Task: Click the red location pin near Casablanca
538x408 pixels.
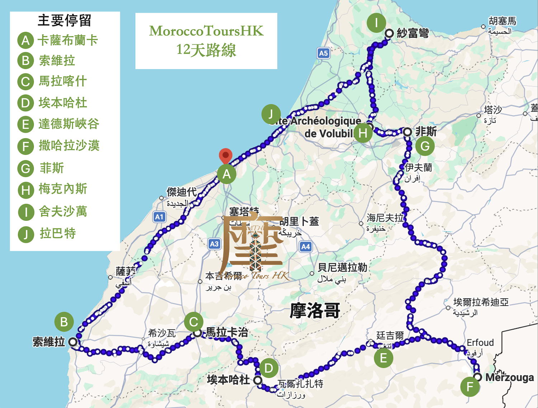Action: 226,156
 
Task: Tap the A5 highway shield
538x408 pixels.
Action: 323,53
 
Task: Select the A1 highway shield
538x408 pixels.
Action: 159,217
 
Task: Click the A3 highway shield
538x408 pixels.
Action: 214,244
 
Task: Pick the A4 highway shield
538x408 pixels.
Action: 305,247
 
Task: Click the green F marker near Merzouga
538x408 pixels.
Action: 470,386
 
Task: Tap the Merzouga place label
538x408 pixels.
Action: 509,378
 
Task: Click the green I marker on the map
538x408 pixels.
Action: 376,23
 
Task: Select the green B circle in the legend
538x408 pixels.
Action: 25,61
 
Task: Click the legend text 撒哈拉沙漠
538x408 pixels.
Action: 69,146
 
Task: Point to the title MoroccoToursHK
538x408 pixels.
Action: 206,31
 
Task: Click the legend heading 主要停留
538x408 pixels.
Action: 65,20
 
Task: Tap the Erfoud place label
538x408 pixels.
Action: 480,342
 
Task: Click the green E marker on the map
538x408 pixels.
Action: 383,358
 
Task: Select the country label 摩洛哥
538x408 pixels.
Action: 315,310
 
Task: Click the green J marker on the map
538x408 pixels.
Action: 271,114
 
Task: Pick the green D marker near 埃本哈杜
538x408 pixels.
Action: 269,368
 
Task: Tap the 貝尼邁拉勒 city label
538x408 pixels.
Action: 342,267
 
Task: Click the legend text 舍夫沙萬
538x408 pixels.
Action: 63,212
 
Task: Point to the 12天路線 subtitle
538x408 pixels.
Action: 206,50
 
